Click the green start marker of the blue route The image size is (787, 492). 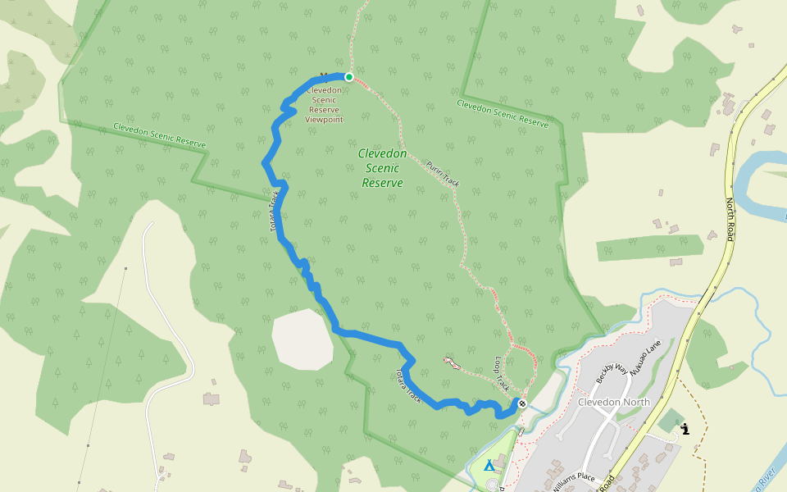[349, 77]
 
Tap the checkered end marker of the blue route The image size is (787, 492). [521, 403]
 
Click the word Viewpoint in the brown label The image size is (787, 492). [324, 119]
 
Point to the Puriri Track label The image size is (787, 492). [443, 174]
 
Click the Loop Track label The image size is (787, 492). [502, 373]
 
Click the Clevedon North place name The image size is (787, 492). [614, 402]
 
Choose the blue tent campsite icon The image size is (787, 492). [489, 465]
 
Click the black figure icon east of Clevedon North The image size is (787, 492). [685, 428]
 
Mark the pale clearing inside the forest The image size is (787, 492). [303, 339]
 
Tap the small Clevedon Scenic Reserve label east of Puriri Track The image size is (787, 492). [503, 113]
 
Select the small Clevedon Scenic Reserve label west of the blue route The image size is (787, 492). [159, 134]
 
